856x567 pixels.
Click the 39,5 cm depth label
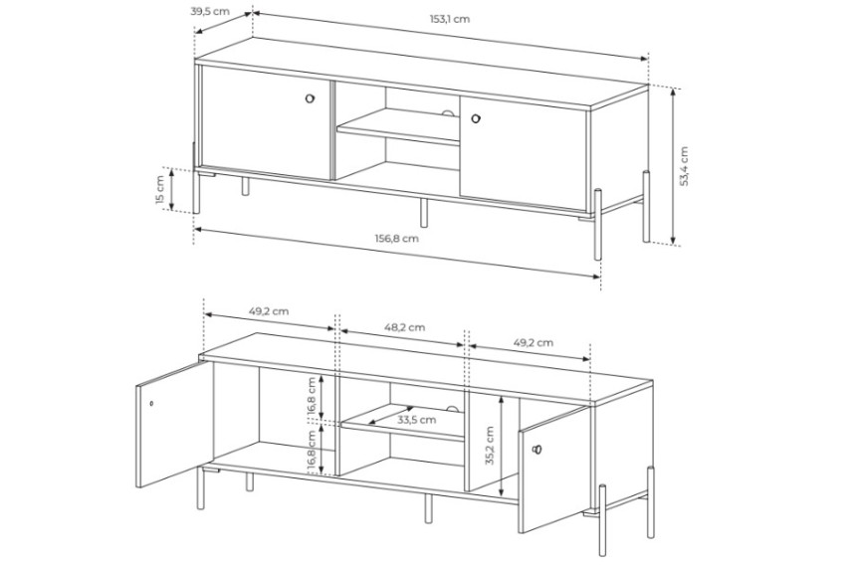coord(210,12)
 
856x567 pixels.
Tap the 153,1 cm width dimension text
coord(450,19)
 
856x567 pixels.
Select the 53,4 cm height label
coord(684,166)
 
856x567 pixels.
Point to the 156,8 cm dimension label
coord(397,238)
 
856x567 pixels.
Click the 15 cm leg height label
coord(159,190)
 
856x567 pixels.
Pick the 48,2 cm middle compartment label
coord(404,327)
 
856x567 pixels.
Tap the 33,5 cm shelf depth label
coord(416,420)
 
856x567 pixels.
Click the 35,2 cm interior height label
coord(489,446)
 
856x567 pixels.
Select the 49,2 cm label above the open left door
coord(269,311)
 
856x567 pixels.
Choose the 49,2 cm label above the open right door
coord(534,343)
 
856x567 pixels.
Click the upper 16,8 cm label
coord(312,398)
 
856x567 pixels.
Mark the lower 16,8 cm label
coord(312,451)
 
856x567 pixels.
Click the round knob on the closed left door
coord(311,98)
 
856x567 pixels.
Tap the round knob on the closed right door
coord(475,117)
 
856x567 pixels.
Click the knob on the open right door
coord(536,450)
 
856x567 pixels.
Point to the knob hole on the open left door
coord(151,404)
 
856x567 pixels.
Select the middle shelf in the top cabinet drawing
coord(398,127)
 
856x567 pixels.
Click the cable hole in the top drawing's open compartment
coord(449,113)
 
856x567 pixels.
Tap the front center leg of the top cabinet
coord(423,212)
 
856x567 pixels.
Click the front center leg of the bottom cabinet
coord(429,508)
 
